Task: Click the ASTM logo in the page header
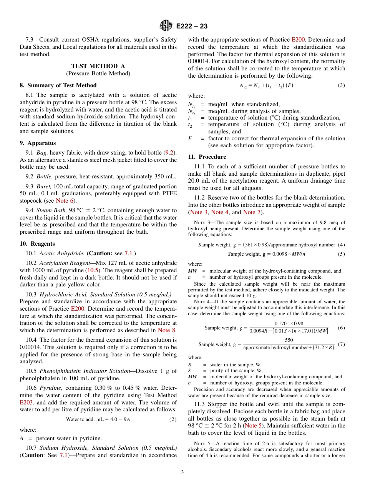click(166, 26)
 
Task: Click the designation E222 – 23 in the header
click(192, 26)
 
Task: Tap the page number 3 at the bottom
click(182, 472)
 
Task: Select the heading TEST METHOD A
click(98, 66)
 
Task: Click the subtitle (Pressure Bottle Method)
click(98, 73)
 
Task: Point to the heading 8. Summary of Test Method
click(58, 85)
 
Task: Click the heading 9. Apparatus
click(38, 143)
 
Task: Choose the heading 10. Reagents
click(37, 244)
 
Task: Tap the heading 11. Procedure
click(207, 157)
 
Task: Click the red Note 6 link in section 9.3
click(64, 201)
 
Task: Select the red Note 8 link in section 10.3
click(167, 330)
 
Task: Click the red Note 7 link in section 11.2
click(252, 212)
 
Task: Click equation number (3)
click(341, 85)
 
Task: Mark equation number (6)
click(341, 328)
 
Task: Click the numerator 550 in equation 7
click(289, 340)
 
